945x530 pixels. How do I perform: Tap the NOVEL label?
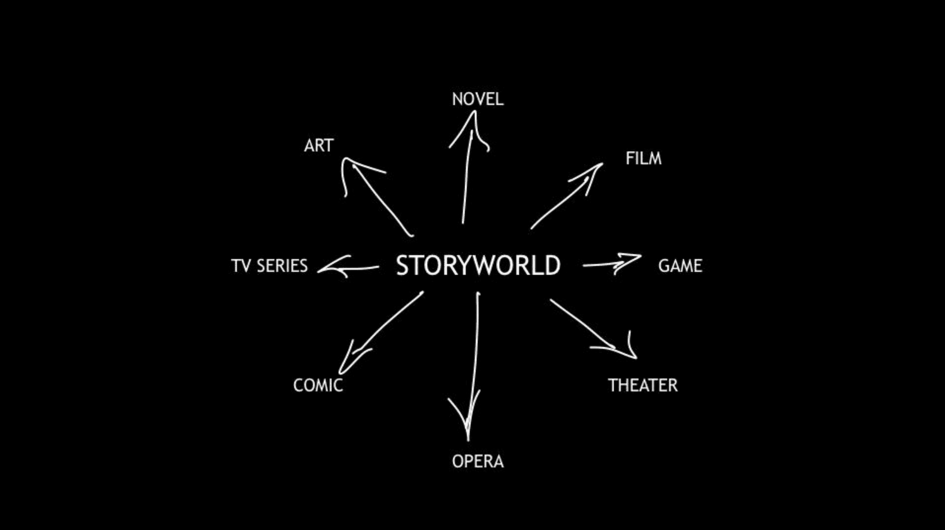[x=477, y=99]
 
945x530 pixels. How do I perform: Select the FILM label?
[x=643, y=159]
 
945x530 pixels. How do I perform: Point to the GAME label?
[x=680, y=266]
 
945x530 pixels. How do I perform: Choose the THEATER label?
[x=643, y=385]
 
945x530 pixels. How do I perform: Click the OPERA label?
[x=477, y=462]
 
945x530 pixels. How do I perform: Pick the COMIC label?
[x=318, y=385]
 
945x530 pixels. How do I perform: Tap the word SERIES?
[x=282, y=266]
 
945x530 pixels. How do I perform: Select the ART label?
[x=319, y=146]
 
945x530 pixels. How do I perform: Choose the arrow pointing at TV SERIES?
[x=348, y=268]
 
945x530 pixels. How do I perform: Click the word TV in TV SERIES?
[x=241, y=266]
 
